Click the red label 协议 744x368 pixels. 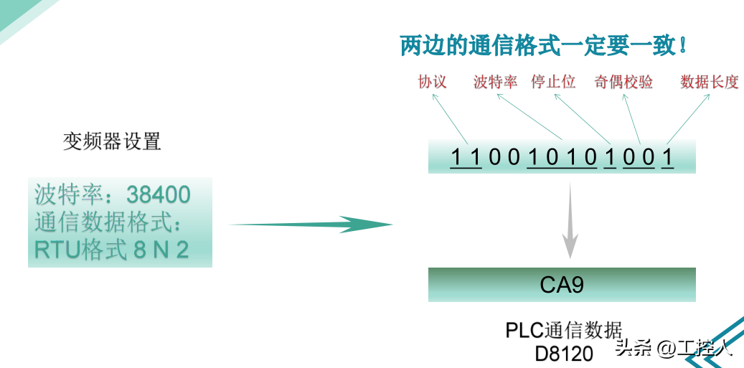pos(432,82)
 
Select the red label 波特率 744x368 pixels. pos(495,82)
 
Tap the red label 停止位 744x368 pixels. pos(553,82)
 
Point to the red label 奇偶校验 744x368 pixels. pos(623,82)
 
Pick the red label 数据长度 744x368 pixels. pos(709,82)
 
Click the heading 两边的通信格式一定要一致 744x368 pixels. pos(544,46)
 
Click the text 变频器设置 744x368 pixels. pos(112,141)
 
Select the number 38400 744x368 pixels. pos(159,194)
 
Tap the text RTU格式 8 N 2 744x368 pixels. pos(112,250)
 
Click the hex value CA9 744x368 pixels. pos(562,285)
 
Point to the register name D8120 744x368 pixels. pos(564,354)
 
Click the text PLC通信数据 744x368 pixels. pos(563,331)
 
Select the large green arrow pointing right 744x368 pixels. pos(312,225)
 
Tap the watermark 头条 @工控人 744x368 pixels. pos(673,349)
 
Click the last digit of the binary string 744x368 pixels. pos(667,157)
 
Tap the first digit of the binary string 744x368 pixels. pos(456,157)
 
